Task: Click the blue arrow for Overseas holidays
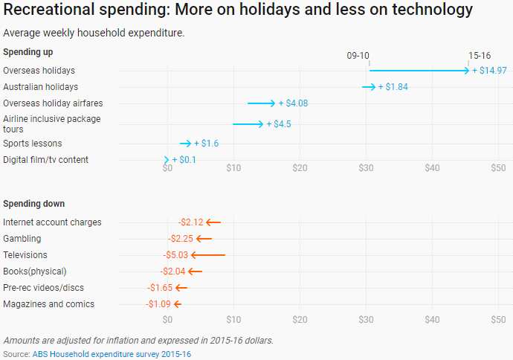pyautogui.click(x=419, y=71)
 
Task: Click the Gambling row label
pyautogui.click(x=22, y=239)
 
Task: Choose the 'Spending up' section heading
pyautogui.click(x=28, y=52)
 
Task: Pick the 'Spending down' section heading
pyautogui.click(x=33, y=204)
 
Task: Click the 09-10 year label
pyautogui.click(x=358, y=56)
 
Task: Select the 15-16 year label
pyautogui.click(x=480, y=56)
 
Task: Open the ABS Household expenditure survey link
pyautogui.click(x=112, y=354)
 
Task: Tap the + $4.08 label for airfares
pyautogui.click(x=293, y=103)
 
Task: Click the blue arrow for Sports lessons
pyautogui.click(x=186, y=144)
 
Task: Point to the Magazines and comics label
pyautogui.click(x=49, y=304)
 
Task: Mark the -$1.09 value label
pyautogui.click(x=158, y=304)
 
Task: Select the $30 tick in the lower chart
pyautogui.click(x=366, y=319)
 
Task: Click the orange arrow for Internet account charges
pyautogui.click(x=213, y=222)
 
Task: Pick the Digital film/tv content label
pyautogui.click(x=46, y=160)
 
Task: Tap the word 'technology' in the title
pyautogui.click(x=424, y=10)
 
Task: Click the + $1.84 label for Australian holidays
pyautogui.click(x=393, y=87)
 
